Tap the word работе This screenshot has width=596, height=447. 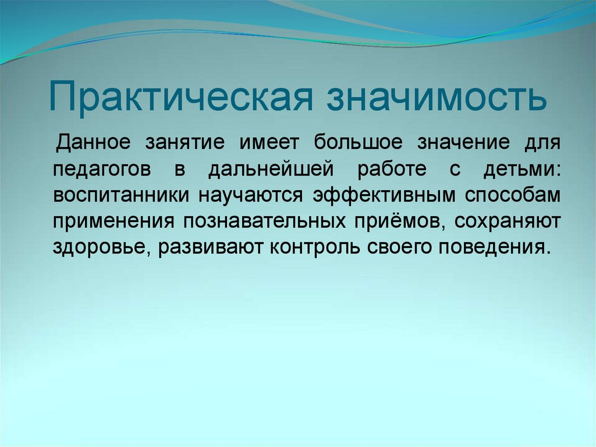point(391,170)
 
